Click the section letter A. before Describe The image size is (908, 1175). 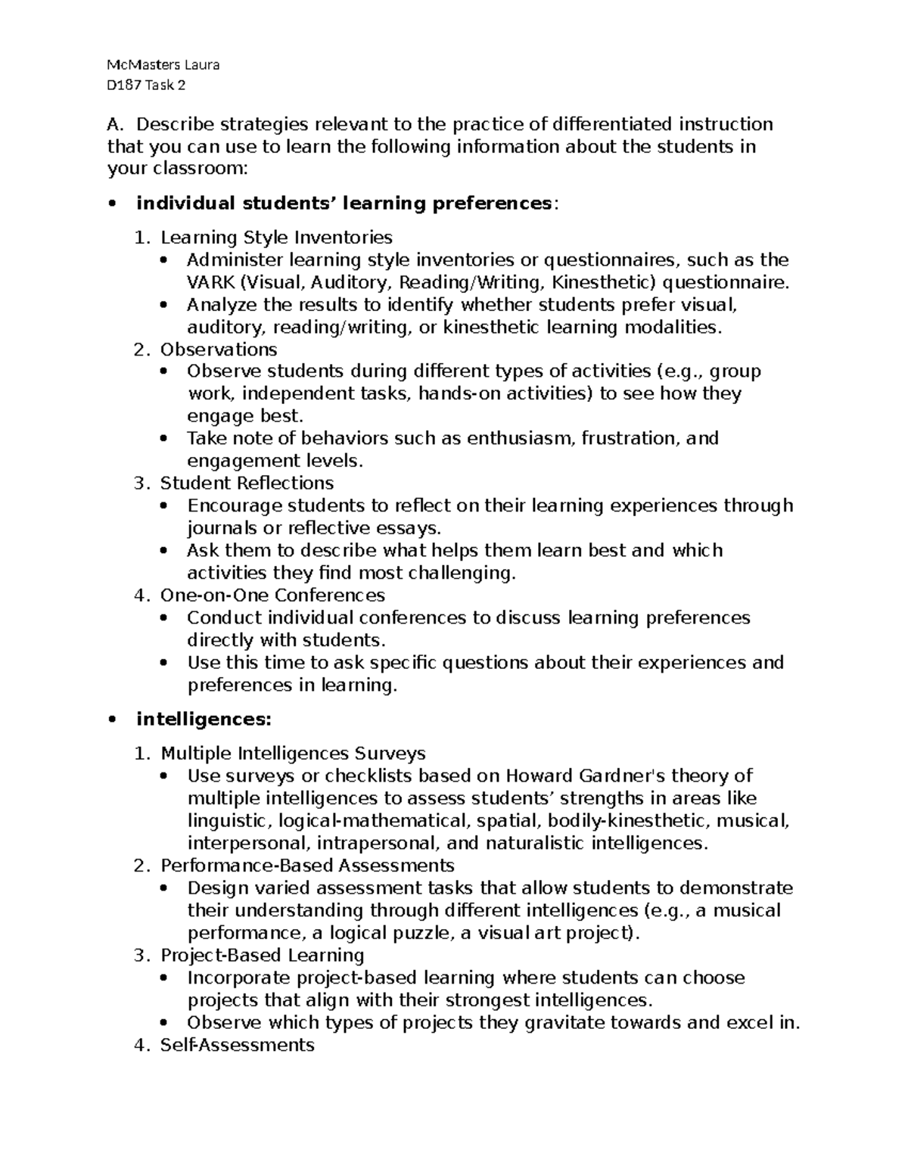[x=115, y=124]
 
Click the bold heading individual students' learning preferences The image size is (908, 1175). [x=344, y=204]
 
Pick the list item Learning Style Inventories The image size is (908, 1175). [x=276, y=238]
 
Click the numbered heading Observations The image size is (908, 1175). [x=218, y=350]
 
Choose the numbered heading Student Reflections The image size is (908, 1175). [x=247, y=483]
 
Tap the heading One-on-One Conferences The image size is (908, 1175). [x=272, y=595]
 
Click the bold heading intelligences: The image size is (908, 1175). [x=203, y=720]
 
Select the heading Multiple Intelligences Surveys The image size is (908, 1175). [x=293, y=754]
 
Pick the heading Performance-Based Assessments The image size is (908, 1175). [x=307, y=866]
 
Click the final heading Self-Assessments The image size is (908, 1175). [x=237, y=1046]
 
